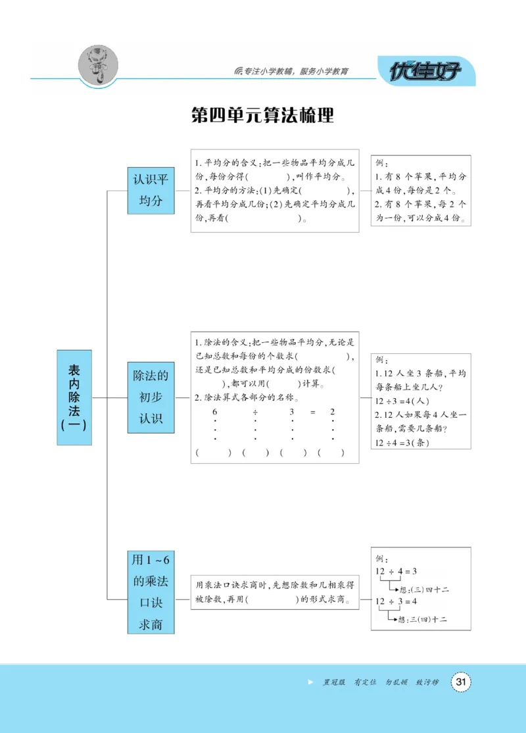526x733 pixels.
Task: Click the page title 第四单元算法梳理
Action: click(x=262, y=115)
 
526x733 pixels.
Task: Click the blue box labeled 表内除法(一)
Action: click(x=74, y=397)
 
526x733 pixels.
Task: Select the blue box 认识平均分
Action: click(x=151, y=190)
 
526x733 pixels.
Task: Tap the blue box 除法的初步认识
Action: click(x=151, y=397)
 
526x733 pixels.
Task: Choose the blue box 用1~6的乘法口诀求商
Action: click(x=151, y=593)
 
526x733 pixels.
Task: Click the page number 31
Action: click(x=460, y=682)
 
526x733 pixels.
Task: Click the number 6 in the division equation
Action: click(x=214, y=412)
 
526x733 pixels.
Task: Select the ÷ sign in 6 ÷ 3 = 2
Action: click(x=254, y=412)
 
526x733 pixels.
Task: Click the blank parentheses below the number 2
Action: click(x=331, y=453)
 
